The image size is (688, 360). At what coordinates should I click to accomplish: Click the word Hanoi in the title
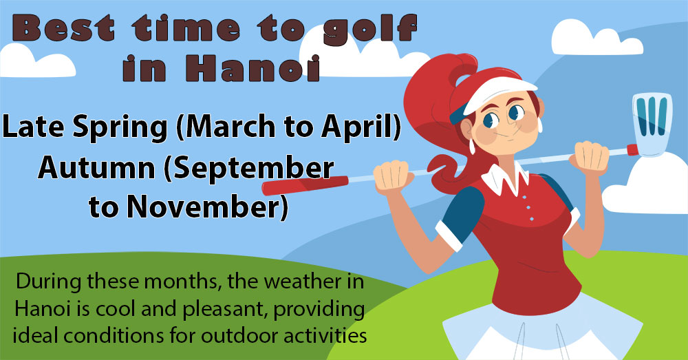pos(252,69)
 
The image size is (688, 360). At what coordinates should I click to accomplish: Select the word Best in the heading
pos(64,28)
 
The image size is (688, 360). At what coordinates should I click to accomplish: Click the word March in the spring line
pos(228,127)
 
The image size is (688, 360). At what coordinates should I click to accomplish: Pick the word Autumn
pos(96,168)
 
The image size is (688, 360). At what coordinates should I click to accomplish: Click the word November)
pos(208,207)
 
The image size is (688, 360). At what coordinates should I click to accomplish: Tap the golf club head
pos(652,124)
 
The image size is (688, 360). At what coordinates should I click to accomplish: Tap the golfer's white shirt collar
pos(507,178)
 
